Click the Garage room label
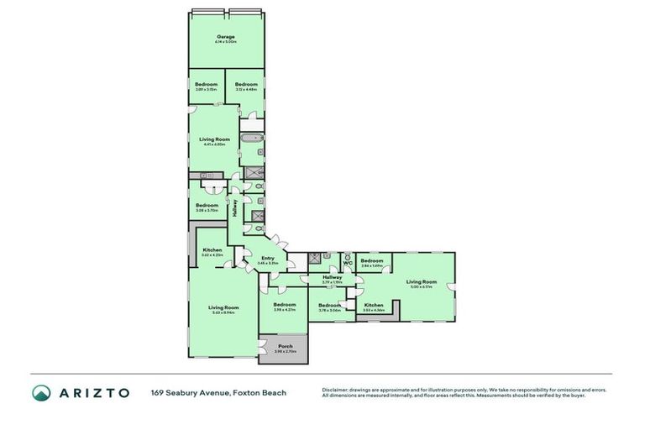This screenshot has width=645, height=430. [x=225, y=37]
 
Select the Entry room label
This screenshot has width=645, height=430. [x=268, y=258]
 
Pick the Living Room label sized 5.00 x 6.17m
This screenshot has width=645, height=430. [x=422, y=281]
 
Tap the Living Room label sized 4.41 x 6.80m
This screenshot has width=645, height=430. [x=215, y=139]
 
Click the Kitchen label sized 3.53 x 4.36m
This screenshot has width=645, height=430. [x=374, y=305]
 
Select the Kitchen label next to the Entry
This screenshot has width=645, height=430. [x=212, y=250]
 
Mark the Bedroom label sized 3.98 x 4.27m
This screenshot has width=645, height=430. [x=284, y=304]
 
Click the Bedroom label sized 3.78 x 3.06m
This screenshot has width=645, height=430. [x=329, y=305]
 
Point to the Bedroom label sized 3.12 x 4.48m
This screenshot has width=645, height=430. [x=246, y=84]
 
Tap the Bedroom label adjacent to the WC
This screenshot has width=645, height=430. [x=372, y=260]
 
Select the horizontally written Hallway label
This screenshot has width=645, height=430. [x=332, y=277]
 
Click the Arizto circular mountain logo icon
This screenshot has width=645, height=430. [x=41, y=393]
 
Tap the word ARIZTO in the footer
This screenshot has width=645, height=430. [x=93, y=393]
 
